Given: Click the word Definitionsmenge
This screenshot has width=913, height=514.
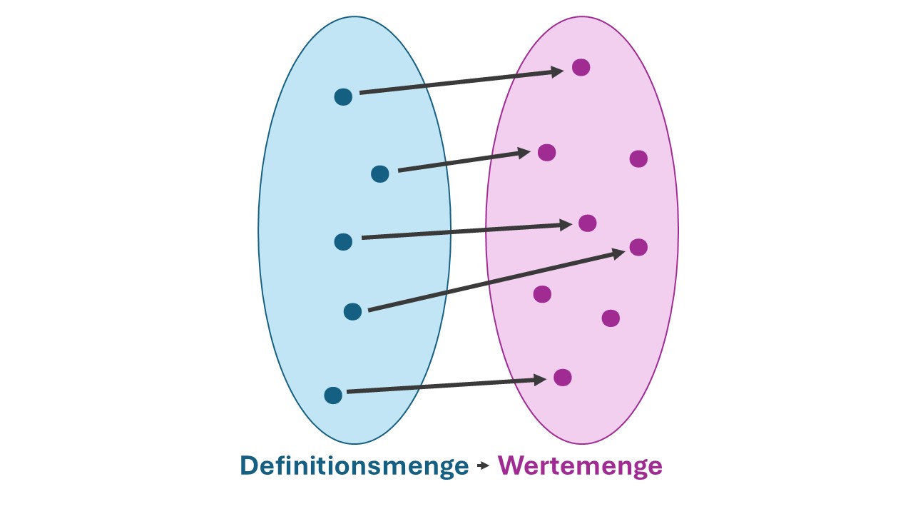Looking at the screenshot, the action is click(355, 467).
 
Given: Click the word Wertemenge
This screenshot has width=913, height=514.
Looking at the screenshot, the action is click(580, 467).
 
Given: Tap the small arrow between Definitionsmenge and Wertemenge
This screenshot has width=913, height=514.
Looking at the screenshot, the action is click(483, 465).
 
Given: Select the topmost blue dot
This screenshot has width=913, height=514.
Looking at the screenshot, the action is click(343, 97).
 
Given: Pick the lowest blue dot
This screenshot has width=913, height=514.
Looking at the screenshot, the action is click(333, 395).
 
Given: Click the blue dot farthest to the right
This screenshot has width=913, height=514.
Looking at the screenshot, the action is click(380, 173).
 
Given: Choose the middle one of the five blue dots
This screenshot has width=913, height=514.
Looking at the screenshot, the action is click(343, 242).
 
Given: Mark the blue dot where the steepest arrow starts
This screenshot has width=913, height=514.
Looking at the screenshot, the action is click(352, 312).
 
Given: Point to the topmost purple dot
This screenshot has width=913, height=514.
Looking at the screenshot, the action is click(581, 67).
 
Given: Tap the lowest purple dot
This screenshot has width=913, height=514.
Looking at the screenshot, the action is click(563, 378).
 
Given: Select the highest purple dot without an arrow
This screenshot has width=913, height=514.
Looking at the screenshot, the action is click(638, 158).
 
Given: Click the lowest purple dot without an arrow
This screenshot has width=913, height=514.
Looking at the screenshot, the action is click(611, 318).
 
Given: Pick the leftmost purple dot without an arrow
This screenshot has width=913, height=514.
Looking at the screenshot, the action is click(542, 294).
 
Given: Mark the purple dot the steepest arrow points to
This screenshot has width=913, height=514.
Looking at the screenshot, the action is click(638, 247).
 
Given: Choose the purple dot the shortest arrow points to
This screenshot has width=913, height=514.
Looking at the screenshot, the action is click(546, 153).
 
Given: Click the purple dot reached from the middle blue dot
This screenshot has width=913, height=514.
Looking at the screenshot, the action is click(587, 223).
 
